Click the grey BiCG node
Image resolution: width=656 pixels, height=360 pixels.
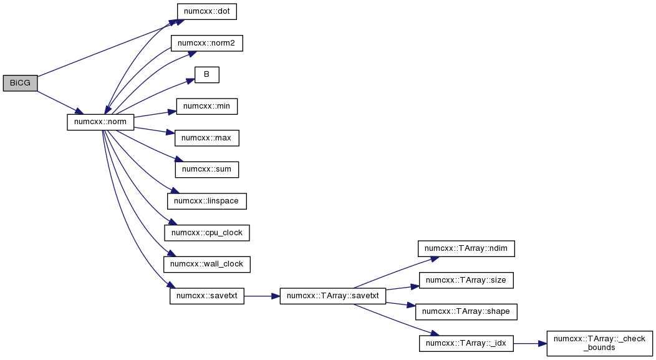coord(20,83)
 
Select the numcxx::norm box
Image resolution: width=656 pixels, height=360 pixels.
coord(100,122)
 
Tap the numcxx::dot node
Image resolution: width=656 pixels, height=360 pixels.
coord(206,11)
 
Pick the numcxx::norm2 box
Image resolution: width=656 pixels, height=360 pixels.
coord(206,43)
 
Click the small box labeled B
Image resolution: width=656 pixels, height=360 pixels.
coord(206,74)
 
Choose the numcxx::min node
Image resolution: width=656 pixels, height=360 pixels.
coord(206,106)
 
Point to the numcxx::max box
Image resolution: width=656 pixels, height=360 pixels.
coord(206,138)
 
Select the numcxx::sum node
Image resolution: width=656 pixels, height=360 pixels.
coord(206,170)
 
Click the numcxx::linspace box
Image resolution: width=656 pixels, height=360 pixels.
coord(206,201)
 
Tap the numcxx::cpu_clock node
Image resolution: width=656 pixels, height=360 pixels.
coord(206,233)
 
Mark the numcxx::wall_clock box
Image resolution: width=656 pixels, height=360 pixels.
coord(206,264)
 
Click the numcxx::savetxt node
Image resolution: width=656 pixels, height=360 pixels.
coord(206,296)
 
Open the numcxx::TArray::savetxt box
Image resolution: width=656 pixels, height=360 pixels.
coord(332,296)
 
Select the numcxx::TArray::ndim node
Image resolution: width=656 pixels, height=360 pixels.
coord(466,249)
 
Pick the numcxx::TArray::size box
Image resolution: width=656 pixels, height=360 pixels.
coord(466,280)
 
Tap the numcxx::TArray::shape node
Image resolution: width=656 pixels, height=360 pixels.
coord(466,312)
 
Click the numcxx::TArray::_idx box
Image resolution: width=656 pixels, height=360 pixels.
coord(466,344)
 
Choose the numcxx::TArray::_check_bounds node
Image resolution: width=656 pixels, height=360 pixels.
coord(599,344)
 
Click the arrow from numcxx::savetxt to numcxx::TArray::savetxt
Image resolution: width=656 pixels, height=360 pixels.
coord(262,296)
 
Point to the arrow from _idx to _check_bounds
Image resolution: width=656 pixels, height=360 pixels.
coord(529,344)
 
